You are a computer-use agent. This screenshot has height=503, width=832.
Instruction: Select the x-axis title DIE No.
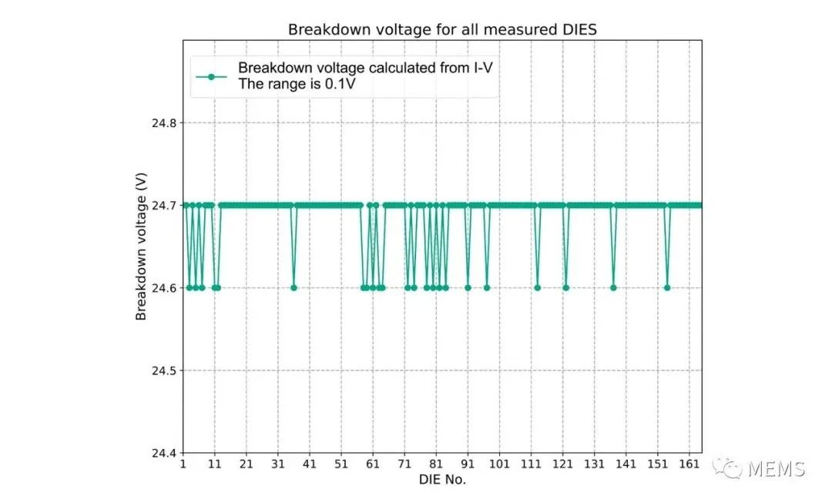click(x=442, y=479)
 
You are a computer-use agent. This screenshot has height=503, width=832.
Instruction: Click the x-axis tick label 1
click(x=183, y=465)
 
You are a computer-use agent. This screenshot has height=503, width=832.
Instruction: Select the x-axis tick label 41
click(x=309, y=465)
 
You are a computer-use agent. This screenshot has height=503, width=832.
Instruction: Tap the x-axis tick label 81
click(x=436, y=465)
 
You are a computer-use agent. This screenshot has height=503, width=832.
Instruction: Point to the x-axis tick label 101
click(x=499, y=465)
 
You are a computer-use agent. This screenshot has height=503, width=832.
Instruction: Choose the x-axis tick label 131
click(x=594, y=465)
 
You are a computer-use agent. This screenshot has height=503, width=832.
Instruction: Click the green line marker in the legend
click(x=211, y=76)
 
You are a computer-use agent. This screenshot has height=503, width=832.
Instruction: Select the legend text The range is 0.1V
click(x=297, y=84)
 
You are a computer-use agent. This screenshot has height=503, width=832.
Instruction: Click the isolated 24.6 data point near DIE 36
click(x=294, y=288)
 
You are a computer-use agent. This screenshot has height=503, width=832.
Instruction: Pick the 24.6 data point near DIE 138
click(x=613, y=288)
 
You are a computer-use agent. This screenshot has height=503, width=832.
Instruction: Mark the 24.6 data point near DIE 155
click(x=667, y=288)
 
